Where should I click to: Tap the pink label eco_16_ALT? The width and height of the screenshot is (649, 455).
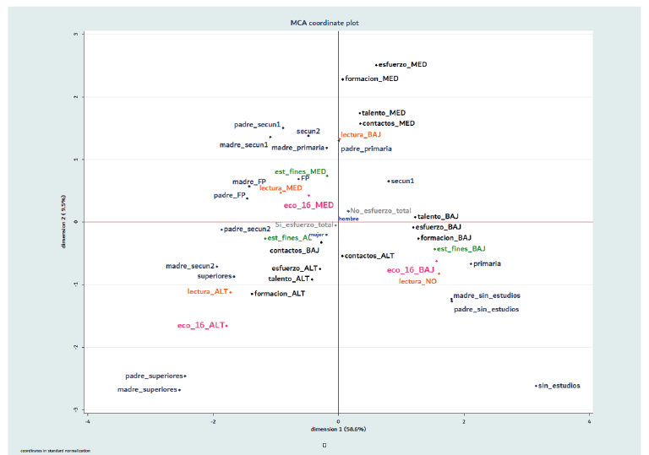200,325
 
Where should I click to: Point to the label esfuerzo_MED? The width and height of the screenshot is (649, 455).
403,64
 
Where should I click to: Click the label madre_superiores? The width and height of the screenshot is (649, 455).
147,390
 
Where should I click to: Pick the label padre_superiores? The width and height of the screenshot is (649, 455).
154,376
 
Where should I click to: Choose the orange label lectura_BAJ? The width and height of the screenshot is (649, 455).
361,134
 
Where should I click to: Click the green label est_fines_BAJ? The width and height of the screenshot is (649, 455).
461,249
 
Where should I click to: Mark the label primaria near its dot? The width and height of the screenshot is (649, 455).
488,263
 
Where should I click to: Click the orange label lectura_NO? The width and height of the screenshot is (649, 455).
418,280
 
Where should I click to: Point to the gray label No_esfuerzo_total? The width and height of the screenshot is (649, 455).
381,210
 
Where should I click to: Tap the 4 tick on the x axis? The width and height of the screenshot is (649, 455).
589,419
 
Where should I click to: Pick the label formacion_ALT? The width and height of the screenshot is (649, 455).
280,294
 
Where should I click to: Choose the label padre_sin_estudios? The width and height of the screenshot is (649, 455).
487,309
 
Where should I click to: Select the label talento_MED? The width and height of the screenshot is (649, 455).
384,112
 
